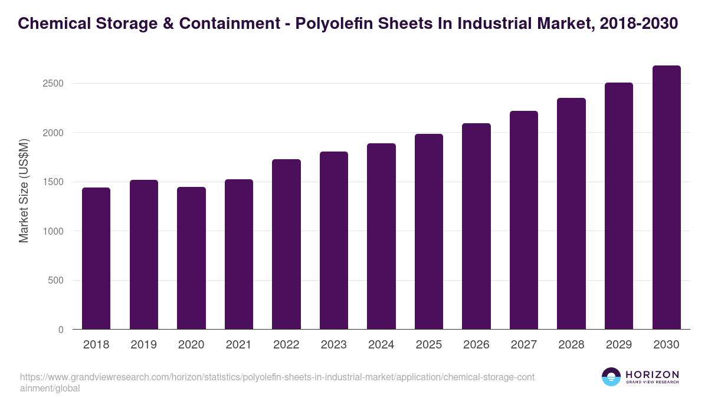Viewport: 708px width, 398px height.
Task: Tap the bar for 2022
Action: point(286,244)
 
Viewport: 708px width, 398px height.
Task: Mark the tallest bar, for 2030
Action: point(666,198)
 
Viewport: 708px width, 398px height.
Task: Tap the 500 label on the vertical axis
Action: point(55,281)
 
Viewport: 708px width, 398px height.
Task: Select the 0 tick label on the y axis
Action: point(61,330)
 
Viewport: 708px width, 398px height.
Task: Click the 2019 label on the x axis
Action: point(143,345)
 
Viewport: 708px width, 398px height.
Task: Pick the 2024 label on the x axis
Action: point(381,345)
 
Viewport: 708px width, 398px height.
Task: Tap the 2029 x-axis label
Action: point(619,345)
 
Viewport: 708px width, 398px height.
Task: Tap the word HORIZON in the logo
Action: point(652,374)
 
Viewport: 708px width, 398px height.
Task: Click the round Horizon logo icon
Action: point(611,377)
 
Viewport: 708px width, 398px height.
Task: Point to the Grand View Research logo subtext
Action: point(652,383)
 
